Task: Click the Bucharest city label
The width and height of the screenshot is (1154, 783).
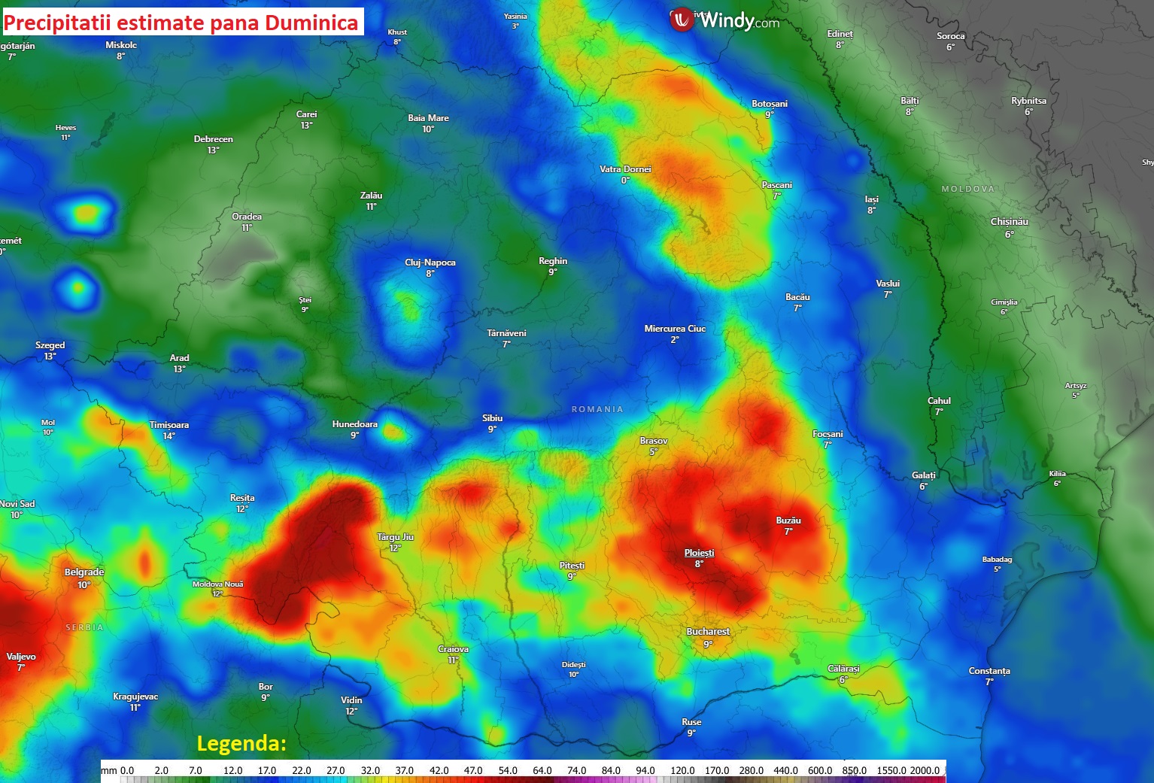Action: pyautogui.click(x=708, y=632)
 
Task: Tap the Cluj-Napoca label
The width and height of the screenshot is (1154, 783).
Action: pyautogui.click(x=430, y=263)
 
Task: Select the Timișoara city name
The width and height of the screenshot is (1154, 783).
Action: pyautogui.click(x=169, y=425)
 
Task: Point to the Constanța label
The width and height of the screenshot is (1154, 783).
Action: pyautogui.click(x=989, y=671)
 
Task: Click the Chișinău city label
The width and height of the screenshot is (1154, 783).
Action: pyautogui.click(x=1010, y=222)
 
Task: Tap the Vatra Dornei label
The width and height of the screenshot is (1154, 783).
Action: pyautogui.click(x=625, y=169)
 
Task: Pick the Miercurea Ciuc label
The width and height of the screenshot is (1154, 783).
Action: pyautogui.click(x=675, y=329)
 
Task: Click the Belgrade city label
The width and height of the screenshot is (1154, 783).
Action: pyautogui.click(x=84, y=572)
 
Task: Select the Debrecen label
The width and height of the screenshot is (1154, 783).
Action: pyautogui.click(x=214, y=139)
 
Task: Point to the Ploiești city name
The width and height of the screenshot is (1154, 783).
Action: pyautogui.click(x=699, y=553)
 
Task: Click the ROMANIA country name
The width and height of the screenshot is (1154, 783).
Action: pyautogui.click(x=597, y=409)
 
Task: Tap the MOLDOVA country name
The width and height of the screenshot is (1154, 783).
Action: pyautogui.click(x=968, y=189)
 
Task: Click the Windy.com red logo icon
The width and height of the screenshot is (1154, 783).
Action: pyautogui.click(x=682, y=20)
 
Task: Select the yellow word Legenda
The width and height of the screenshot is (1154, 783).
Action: pyautogui.click(x=241, y=744)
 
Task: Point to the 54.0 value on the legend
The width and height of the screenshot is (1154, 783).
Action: pyautogui.click(x=508, y=770)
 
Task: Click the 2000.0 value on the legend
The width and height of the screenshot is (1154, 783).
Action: pyautogui.click(x=925, y=770)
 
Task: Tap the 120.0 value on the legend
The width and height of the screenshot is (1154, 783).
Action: pyautogui.click(x=682, y=770)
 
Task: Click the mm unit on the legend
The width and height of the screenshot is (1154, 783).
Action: pyautogui.click(x=109, y=770)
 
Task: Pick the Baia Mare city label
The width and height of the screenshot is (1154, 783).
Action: pyautogui.click(x=428, y=118)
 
